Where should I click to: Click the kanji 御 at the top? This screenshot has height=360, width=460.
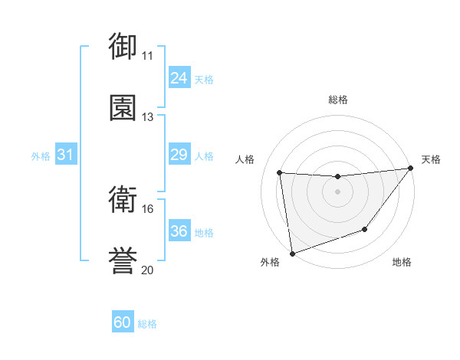[x=123, y=46]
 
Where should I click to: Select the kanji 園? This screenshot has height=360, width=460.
[x=123, y=107]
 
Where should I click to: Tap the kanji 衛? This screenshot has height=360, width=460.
[x=123, y=199]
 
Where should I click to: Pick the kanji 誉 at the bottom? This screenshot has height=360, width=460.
[x=123, y=260]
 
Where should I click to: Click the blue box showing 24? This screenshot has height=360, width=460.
[x=179, y=78]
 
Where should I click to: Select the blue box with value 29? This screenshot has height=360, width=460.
[x=179, y=155]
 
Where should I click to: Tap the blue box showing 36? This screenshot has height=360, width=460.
[x=179, y=231]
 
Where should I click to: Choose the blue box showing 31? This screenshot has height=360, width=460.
[x=65, y=155]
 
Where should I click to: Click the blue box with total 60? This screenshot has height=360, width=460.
[x=123, y=322]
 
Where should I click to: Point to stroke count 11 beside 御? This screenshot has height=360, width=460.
[x=147, y=56]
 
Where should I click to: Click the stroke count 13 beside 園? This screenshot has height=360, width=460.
[x=147, y=117]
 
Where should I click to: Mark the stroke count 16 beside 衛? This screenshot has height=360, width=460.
[x=147, y=209]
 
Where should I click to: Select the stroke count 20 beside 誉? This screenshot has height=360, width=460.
[x=147, y=270]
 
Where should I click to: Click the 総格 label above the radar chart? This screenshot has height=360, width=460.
[x=338, y=100]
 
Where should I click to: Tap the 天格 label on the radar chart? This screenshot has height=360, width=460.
[x=431, y=159]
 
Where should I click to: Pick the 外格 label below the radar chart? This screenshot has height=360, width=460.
[x=270, y=262]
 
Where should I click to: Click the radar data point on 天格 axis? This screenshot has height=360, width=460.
[x=410, y=169]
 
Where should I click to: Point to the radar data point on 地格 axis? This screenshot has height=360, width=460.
[x=365, y=229]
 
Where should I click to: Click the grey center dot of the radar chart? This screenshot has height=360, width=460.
[x=338, y=191]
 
